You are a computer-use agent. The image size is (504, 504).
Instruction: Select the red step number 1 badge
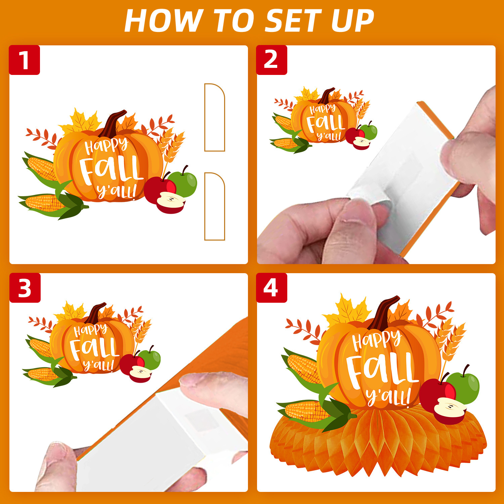25,60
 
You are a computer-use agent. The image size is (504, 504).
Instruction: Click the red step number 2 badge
271,60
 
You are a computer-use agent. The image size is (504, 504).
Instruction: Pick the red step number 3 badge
25,288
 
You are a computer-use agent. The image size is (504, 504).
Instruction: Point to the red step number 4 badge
271,288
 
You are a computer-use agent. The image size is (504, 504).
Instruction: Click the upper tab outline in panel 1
215,117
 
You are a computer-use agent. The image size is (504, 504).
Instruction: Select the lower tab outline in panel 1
215,206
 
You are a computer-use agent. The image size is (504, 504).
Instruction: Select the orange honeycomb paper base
378,440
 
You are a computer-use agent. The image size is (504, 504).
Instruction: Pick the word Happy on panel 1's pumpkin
106,145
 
